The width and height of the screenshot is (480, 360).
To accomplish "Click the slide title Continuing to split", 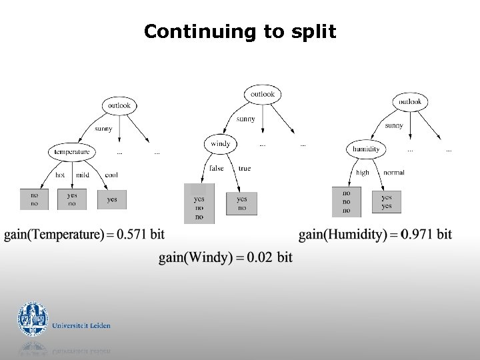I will pos(240,31).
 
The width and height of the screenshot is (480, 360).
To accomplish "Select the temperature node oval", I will pos(71,152).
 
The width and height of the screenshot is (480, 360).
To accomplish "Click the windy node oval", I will pos(220,144).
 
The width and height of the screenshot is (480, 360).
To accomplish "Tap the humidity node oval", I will pos(366,149).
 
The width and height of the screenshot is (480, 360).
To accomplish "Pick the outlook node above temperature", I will pos(119,105).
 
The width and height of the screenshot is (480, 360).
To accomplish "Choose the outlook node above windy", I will pos(262,95).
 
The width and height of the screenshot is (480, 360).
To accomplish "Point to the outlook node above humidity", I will pos(409,102).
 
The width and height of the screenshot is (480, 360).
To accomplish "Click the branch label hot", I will pos(60,175).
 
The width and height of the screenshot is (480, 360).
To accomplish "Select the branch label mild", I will pos(82,175).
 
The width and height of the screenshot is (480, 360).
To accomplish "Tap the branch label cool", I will pos(111,175).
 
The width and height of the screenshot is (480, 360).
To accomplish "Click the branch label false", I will pos(217,169).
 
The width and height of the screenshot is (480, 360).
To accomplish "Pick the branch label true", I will pos(245,169).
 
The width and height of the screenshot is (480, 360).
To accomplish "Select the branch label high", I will pos(362,173).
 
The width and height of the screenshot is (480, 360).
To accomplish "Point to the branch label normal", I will pos(393,173).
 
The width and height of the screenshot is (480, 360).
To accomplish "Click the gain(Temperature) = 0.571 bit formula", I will pos(84,235).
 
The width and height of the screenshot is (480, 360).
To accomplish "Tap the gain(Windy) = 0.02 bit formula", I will pos(225,257).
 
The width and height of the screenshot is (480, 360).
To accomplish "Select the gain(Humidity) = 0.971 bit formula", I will pos(375,235).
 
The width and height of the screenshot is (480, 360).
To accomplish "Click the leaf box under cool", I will pos(112,199).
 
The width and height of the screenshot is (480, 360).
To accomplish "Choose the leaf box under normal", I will pos(387,202).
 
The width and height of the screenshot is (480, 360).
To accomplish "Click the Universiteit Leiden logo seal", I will pos(33,320).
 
